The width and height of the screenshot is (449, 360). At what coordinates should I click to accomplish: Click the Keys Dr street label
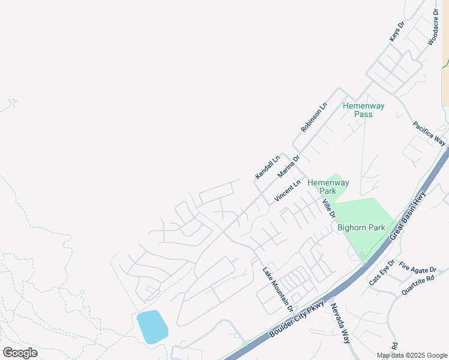pyautogui.click(x=398, y=31)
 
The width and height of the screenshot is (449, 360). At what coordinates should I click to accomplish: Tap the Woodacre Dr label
pyautogui.click(x=433, y=27)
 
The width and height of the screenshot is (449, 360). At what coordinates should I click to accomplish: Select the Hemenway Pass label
pyautogui.click(x=363, y=110)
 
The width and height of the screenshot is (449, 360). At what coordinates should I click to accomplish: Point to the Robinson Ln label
pyautogui.click(x=315, y=118)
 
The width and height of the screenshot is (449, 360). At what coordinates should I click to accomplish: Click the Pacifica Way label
pyautogui.click(x=429, y=133)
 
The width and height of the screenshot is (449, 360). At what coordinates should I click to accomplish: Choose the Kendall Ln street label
pyautogui.click(x=268, y=167)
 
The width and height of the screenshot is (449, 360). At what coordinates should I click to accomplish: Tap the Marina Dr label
pyautogui.click(x=289, y=166)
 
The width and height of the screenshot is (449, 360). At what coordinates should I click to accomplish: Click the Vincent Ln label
pyautogui.click(x=287, y=191)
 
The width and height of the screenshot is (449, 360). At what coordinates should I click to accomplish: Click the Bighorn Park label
pyautogui.click(x=361, y=228)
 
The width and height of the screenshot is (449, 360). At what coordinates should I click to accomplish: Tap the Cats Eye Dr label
pyautogui.click(x=382, y=273)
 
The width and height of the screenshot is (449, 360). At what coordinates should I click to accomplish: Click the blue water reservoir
pyautogui.click(x=152, y=326)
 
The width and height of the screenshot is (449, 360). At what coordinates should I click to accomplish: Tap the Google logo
pyautogui.click(x=20, y=353)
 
